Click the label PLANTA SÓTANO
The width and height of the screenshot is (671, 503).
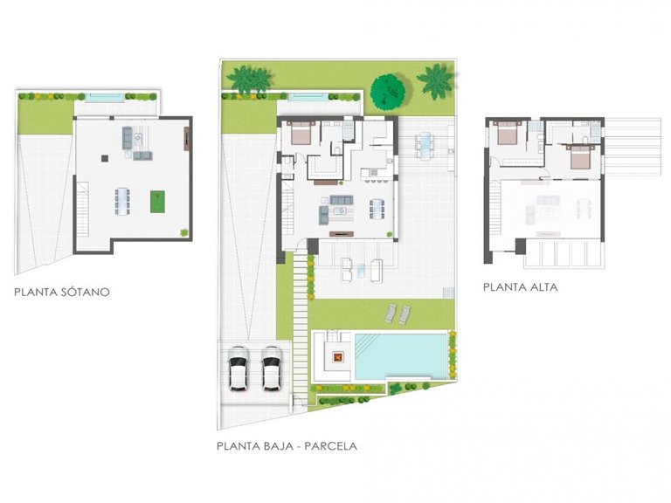[61, 293]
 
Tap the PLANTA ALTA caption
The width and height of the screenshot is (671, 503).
[520, 286]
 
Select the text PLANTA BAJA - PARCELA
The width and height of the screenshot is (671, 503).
[287, 445]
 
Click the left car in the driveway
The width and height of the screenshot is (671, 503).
[238, 369]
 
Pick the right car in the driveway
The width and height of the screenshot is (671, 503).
[272, 369]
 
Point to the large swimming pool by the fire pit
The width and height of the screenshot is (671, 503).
[400, 355]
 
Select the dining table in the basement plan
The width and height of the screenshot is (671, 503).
[121, 200]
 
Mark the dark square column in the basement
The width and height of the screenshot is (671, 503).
[104, 158]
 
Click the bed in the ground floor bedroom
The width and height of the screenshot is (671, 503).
[300, 134]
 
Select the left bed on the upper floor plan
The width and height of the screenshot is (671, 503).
[507, 134]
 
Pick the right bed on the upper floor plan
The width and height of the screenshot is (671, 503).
[577, 158]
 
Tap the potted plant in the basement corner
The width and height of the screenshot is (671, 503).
[183, 231]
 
